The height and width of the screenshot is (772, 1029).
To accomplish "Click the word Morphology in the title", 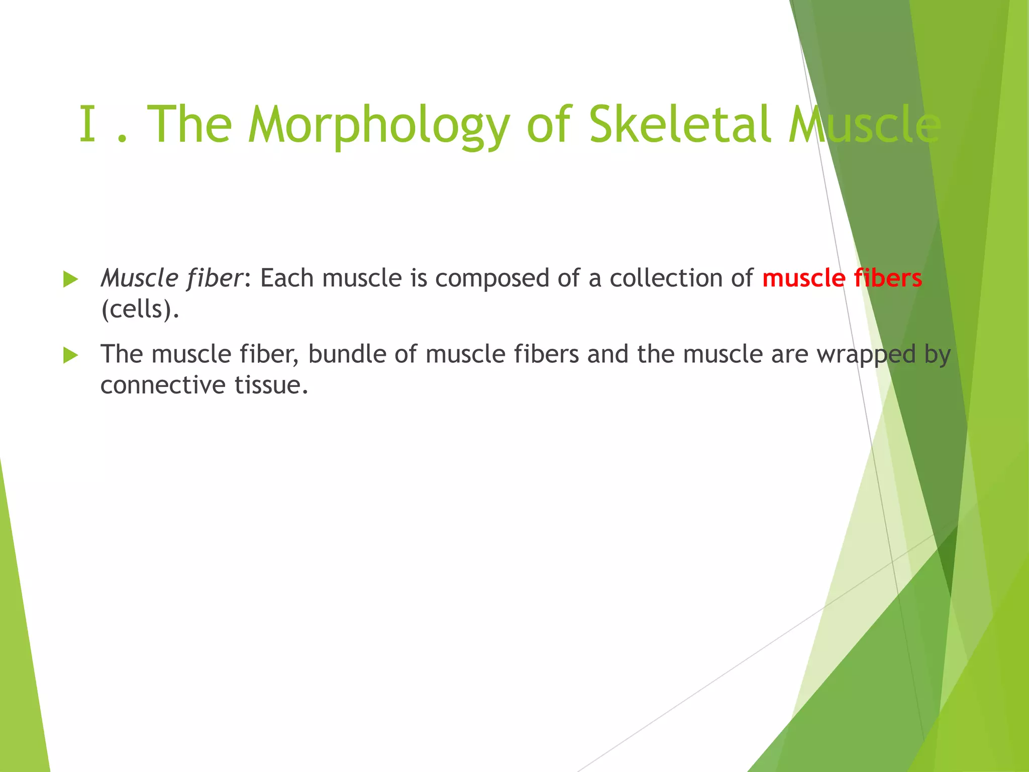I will click(379, 125).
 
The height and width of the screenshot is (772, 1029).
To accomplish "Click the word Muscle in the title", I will click(864, 125).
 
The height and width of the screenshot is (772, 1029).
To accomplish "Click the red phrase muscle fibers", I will click(842, 278).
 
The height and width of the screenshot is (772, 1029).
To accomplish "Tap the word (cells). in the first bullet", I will click(140, 310).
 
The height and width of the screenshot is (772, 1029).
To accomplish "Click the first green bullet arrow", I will click(71, 279).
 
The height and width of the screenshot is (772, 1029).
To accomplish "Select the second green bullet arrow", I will click(71, 356).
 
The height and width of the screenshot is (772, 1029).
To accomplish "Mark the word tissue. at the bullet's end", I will click(271, 385).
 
